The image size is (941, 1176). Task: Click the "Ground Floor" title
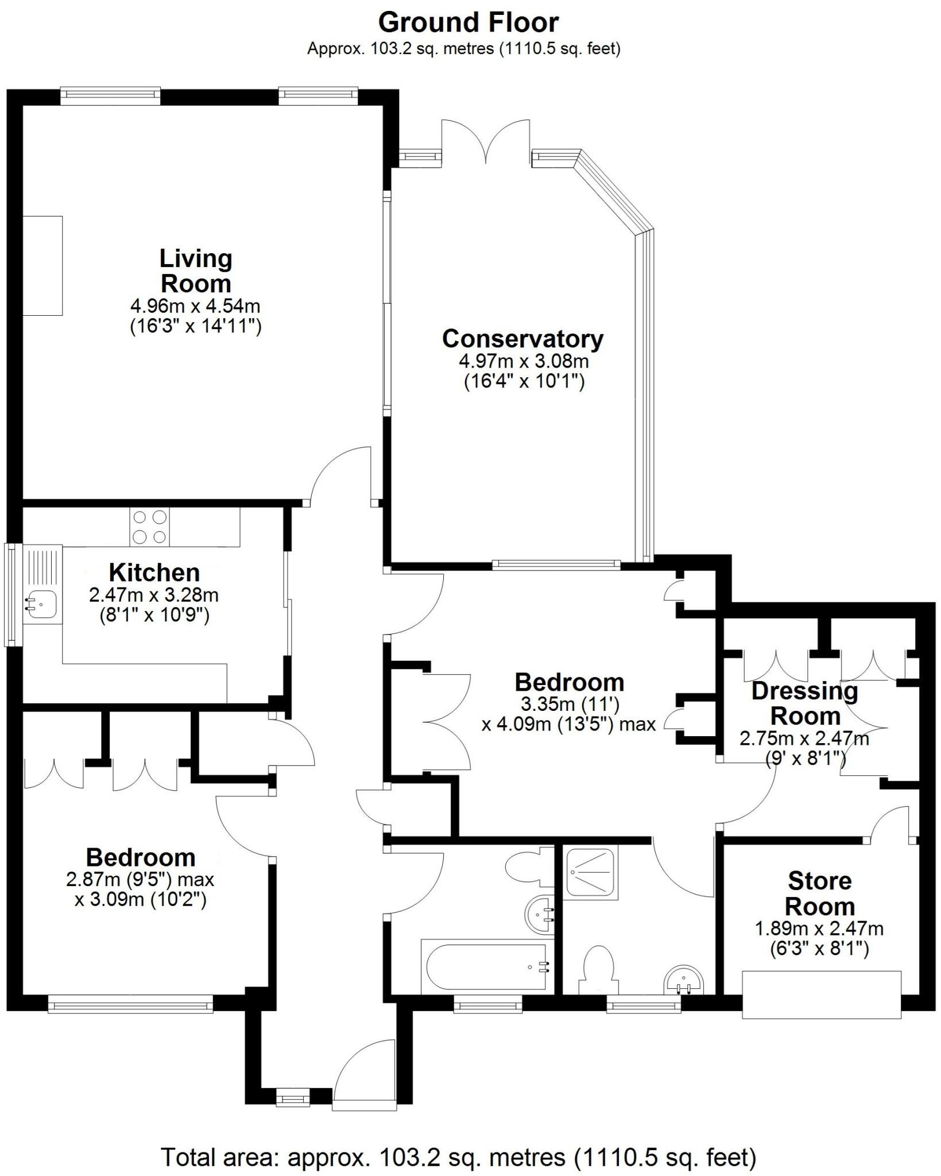468,23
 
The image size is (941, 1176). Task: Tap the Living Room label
196,271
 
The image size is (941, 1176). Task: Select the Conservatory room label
522,339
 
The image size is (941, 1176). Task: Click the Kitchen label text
154,572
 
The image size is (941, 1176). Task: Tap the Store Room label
819,893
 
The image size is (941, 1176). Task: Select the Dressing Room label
805,704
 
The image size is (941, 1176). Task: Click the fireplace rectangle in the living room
42,265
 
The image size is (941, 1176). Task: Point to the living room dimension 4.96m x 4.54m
196,305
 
